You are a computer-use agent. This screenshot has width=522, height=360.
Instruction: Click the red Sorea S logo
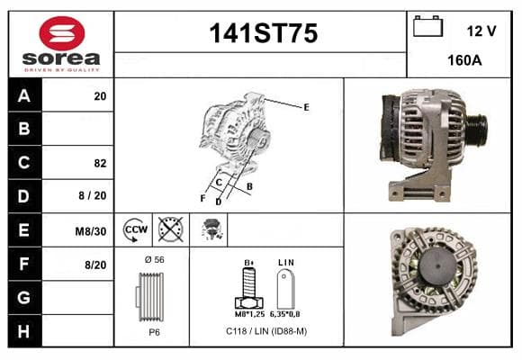pyautogui.click(x=62, y=33)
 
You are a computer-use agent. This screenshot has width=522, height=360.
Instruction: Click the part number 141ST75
pyautogui.click(x=264, y=33)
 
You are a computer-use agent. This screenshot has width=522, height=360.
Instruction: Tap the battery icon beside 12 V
pyautogui.click(x=427, y=26)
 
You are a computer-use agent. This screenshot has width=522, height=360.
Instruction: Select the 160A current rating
pyautogui.click(x=464, y=60)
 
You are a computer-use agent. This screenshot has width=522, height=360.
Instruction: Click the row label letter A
pyautogui.click(x=24, y=96)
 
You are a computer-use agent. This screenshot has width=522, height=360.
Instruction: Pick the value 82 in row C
pyautogui.click(x=100, y=163)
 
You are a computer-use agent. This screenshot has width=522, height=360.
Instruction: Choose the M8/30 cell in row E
pyautogui.click(x=91, y=231)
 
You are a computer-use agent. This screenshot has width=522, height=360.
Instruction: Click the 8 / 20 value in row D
pyautogui.click(x=93, y=195)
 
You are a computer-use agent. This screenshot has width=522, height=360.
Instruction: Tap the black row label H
pyautogui.click(x=23, y=331)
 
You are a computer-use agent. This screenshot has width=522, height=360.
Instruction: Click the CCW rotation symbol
pyautogui.click(x=136, y=229)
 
